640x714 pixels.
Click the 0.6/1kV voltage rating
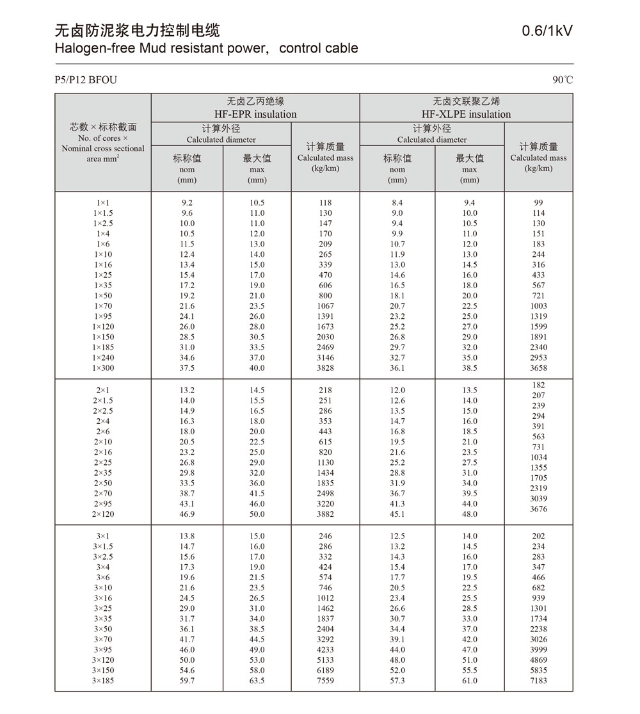[547, 30]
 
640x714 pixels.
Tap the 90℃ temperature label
[563, 80]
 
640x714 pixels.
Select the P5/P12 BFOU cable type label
[86, 80]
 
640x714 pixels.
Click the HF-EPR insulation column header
[255, 114]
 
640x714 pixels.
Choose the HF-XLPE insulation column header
[466, 114]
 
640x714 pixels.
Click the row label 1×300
[103, 368]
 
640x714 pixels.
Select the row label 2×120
[103, 514]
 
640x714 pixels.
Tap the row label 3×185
[103, 681]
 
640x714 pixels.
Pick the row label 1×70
[103, 306]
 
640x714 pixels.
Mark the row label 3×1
[103, 536]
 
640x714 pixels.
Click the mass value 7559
[325, 681]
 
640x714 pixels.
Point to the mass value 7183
[538, 681]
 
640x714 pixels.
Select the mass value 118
[325, 203]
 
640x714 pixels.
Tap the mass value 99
[538, 203]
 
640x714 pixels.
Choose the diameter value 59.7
[188, 681]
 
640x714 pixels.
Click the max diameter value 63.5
[257, 681]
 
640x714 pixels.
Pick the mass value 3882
[325, 514]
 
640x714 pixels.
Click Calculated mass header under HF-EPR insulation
[325, 158]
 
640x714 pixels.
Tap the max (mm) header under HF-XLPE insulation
[470, 170]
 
